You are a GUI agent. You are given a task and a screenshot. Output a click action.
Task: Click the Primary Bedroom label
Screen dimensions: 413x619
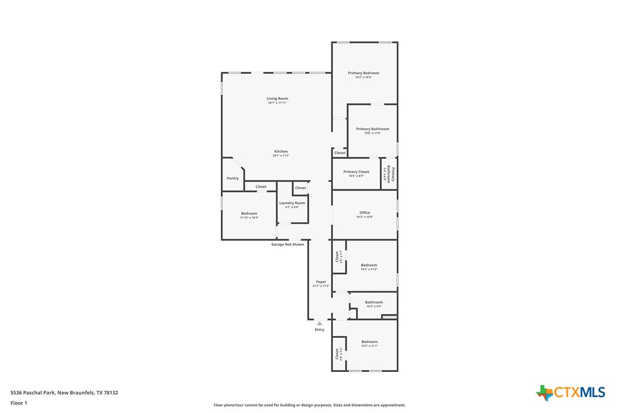[364, 73]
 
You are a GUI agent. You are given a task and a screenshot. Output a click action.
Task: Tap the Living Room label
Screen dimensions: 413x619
[277, 99]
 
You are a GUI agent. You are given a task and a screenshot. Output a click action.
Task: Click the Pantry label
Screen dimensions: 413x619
[233, 179]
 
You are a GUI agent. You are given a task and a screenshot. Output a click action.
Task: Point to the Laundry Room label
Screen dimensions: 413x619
[292, 203]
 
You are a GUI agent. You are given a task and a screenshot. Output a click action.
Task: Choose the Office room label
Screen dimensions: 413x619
[364, 213]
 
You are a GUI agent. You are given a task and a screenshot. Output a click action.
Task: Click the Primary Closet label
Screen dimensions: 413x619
[356, 172]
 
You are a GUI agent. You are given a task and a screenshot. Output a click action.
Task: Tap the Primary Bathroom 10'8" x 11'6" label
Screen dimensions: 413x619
[372, 129]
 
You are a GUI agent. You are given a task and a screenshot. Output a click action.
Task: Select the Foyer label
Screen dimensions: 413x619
[321, 282]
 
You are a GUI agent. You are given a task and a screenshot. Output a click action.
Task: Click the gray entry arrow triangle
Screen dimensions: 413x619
[320, 323]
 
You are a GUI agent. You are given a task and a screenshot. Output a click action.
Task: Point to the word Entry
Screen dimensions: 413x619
[320, 330]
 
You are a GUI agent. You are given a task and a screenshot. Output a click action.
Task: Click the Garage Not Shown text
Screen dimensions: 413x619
[287, 244]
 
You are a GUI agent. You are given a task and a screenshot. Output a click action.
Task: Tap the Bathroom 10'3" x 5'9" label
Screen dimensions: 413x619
[374, 302]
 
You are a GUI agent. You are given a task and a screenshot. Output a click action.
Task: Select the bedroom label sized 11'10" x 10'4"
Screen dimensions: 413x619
[249, 214]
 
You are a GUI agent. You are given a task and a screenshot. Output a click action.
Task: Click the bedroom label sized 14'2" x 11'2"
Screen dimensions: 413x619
[369, 265]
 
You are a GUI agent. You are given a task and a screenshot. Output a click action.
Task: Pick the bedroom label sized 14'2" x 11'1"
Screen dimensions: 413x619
[369, 342]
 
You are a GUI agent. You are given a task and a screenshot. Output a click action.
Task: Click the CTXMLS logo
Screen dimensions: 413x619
[571, 392]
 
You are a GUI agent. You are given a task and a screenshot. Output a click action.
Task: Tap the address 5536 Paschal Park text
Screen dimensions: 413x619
[64, 392]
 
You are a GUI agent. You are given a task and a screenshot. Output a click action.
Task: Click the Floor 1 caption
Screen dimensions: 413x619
[19, 403]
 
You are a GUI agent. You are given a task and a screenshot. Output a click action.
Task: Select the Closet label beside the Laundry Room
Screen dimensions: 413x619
[300, 188]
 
